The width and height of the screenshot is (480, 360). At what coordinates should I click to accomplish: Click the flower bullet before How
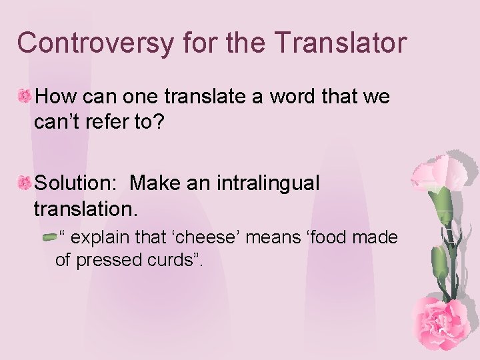tap(25, 97)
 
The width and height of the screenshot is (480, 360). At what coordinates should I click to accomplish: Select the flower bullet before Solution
tap(25, 181)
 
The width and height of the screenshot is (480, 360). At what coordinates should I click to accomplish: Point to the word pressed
tap(103, 260)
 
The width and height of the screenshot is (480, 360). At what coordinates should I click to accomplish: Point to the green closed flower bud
tap(440, 263)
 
